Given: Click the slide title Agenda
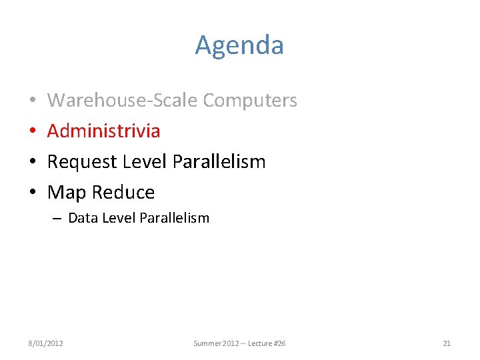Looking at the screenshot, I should click(x=239, y=45).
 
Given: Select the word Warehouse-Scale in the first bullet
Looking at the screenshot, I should click(x=123, y=100).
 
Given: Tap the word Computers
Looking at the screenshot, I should click(x=250, y=100).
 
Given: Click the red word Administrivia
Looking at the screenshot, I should click(x=103, y=131).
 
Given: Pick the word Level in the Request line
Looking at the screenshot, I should click(x=144, y=161).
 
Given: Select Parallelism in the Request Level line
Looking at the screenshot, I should click(x=219, y=161).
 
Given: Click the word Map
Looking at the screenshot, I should click(x=67, y=192).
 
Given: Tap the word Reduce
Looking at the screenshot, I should click(x=123, y=192).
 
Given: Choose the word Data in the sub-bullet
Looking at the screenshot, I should click(x=82, y=218).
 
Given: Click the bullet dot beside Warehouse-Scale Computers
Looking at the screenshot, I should click(x=33, y=101).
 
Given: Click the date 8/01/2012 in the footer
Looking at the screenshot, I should click(x=45, y=343).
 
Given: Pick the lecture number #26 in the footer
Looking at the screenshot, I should click(x=279, y=343).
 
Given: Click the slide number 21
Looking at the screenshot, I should click(x=447, y=343).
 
